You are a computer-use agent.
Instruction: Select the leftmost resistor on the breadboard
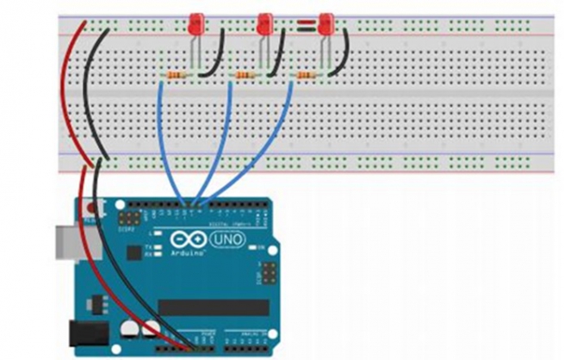(176, 77)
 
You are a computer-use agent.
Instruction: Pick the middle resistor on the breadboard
(245, 77)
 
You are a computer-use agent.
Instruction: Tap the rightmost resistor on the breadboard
(306, 77)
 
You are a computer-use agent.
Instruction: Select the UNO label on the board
(228, 238)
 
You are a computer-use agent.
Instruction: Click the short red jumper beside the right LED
(305, 24)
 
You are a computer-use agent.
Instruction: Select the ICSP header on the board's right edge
(268, 275)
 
